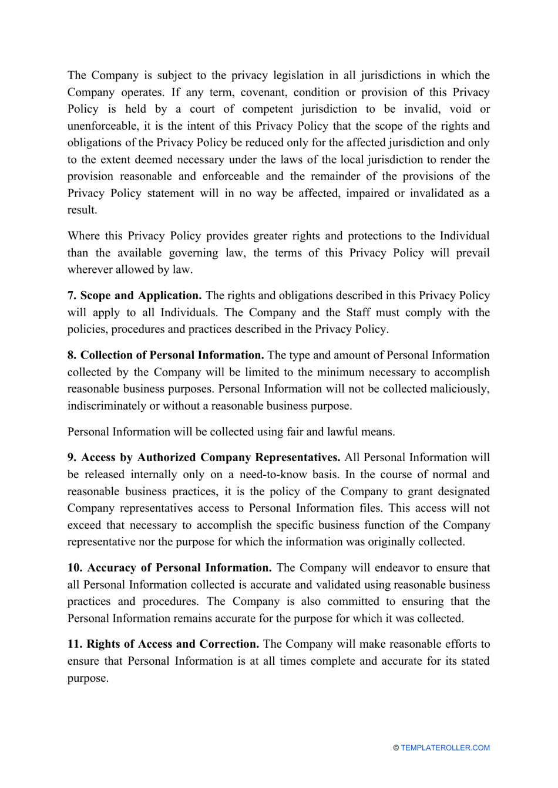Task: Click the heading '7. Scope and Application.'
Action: [135, 296]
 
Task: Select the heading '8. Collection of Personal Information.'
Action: [166, 356]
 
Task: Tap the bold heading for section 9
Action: [204, 458]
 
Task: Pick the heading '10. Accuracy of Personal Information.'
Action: [169, 568]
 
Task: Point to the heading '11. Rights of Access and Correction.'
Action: [163, 644]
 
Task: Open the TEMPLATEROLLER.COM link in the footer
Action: [445, 748]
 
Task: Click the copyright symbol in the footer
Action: [396, 748]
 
